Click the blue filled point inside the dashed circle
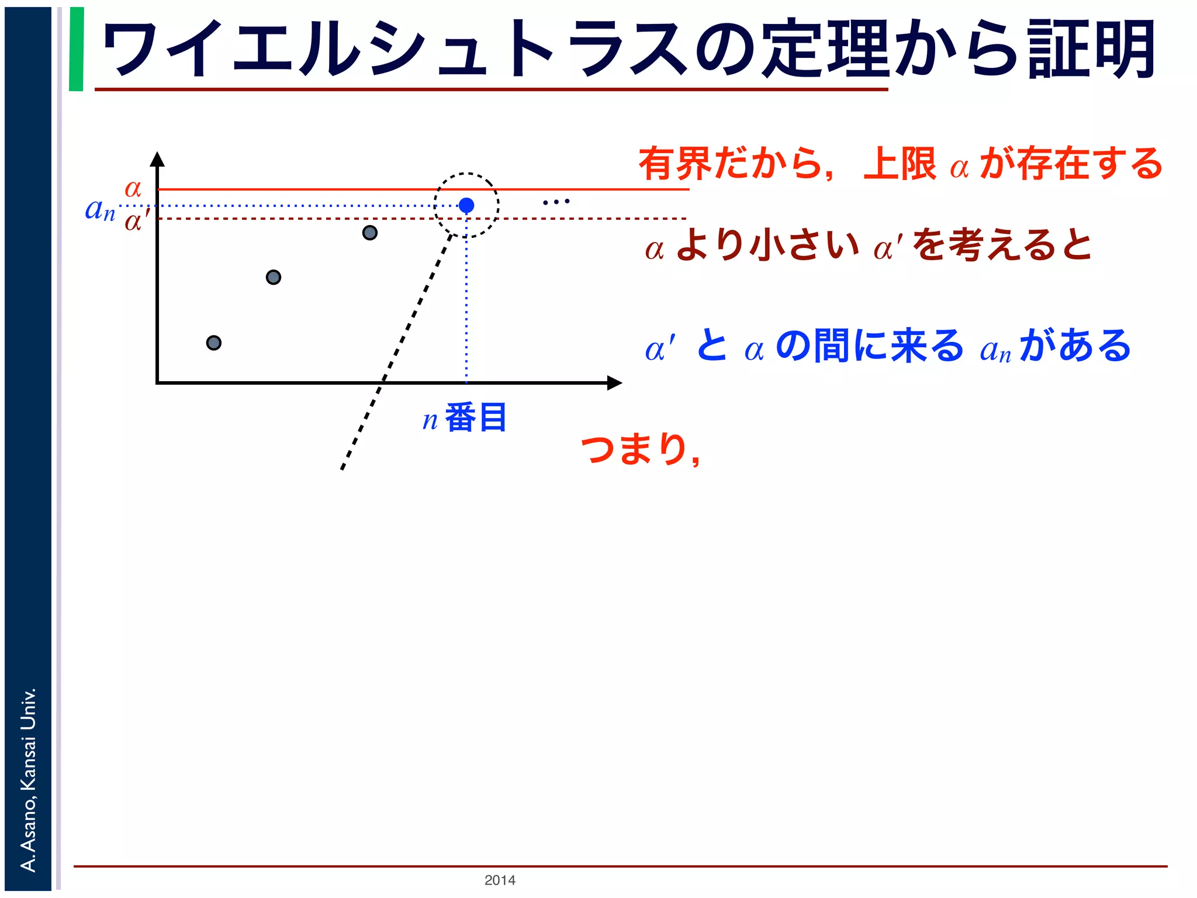[x=466, y=205]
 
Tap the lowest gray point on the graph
[x=214, y=343]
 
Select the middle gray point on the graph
[x=274, y=277]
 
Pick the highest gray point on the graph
[x=369, y=233]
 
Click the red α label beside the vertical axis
[x=133, y=188]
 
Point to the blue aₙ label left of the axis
[x=100, y=209]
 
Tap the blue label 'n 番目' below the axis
[x=465, y=417]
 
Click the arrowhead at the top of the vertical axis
[x=157, y=159]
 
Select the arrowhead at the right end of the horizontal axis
[x=614, y=383]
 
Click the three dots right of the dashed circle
[x=556, y=202]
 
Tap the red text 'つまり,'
[x=641, y=449]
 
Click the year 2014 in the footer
[x=500, y=880]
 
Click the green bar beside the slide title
[x=76, y=49]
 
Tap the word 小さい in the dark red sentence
[x=804, y=245]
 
